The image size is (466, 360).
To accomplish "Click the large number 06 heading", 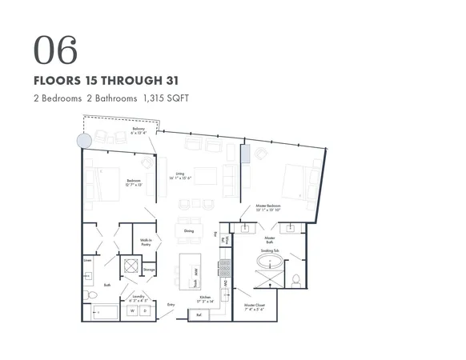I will pyautogui.click(x=56, y=50).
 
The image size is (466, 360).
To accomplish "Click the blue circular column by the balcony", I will pyautogui.click(x=83, y=141).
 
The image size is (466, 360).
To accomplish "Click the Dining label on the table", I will pyautogui.click(x=189, y=231).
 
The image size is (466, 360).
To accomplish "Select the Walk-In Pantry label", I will pyautogui.click(x=147, y=242).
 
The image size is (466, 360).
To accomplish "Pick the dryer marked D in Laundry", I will pyautogui.click(x=142, y=312).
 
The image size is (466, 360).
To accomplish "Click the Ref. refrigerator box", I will pyautogui.click(x=199, y=315).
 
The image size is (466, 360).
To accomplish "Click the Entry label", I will pyautogui.click(x=171, y=305).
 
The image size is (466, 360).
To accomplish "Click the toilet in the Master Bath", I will pyautogui.click(x=296, y=281).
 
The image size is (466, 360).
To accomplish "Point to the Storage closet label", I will pyautogui.click(x=149, y=270).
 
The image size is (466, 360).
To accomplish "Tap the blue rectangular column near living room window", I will pyautogui.click(x=246, y=154).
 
